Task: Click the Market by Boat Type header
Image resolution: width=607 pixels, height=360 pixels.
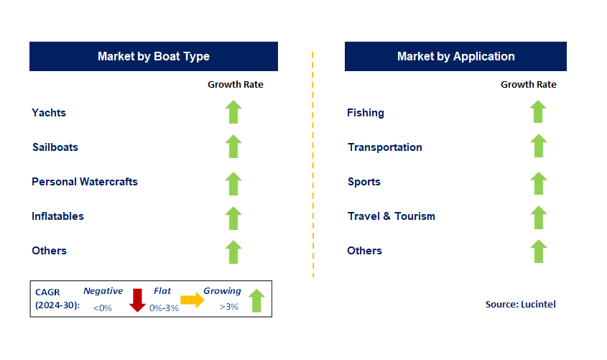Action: click(x=153, y=56)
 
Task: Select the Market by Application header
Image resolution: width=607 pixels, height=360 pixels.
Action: click(x=455, y=56)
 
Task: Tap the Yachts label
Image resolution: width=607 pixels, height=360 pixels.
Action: click(x=49, y=113)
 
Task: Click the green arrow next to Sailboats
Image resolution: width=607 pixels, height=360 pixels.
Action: click(x=233, y=147)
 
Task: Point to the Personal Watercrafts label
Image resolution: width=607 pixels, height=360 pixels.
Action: click(x=85, y=182)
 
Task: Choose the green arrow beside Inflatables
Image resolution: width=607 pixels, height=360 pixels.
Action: click(x=233, y=216)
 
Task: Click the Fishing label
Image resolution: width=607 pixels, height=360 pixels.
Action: click(x=365, y=113)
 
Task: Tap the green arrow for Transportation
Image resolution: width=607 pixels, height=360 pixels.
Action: click(x=539, y=147)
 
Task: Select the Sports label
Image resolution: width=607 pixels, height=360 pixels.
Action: click(x=364, y=182)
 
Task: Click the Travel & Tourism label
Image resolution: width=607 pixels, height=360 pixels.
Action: click(x=391, y=216)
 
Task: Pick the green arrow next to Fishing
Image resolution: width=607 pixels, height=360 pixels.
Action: click(x=539, y=112)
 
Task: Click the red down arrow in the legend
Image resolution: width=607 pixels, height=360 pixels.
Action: click(x=137, y=300)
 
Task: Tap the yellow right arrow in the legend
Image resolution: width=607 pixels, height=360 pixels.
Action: click(x=193, y=300)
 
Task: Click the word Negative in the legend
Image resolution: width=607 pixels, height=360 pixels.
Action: click(x=103, y=291)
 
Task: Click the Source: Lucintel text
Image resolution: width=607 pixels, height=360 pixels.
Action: click(x=520, y=304)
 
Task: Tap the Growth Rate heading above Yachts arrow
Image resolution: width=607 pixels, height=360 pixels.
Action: click(x=236, y=85)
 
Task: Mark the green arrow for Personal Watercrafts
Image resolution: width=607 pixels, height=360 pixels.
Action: click(x=233, y=183)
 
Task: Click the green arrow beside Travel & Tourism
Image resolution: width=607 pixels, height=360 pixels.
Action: click(x=539, y=216)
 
